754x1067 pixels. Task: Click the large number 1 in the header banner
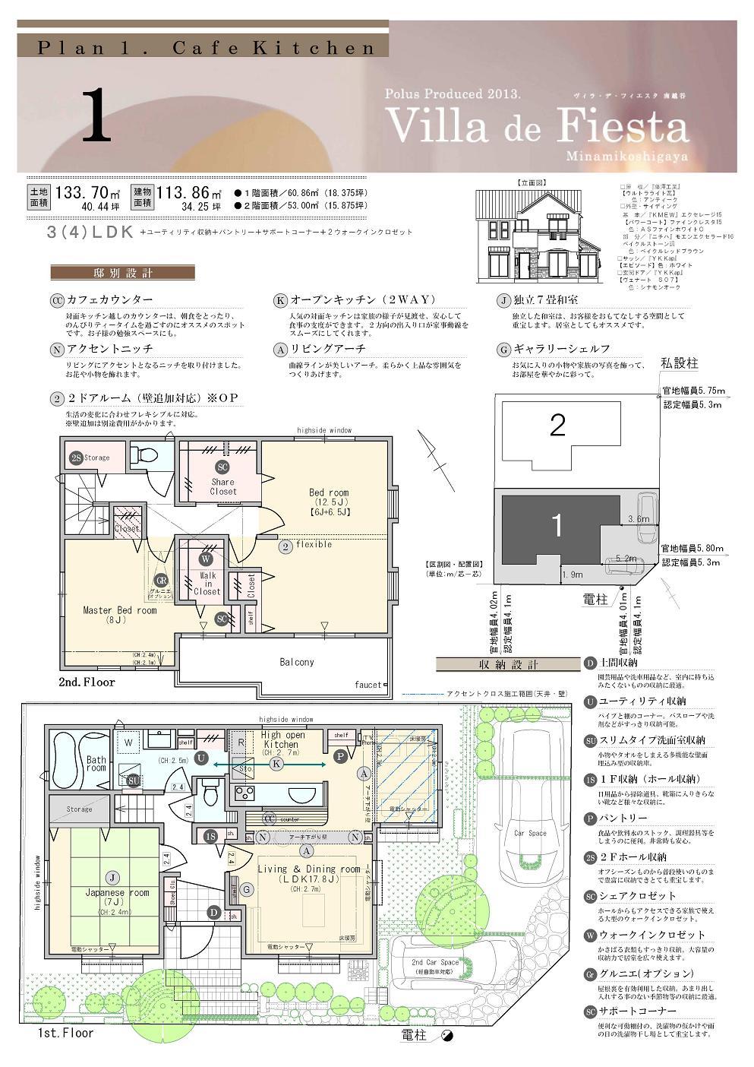96,116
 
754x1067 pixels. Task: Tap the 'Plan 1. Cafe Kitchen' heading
206,47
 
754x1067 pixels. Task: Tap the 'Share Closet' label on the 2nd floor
222,486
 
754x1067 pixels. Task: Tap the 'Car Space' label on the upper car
529,833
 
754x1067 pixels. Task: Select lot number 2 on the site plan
557,426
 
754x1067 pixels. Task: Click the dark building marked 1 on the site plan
556,526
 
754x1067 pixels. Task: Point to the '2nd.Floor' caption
87,682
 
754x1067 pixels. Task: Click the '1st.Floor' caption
65,1033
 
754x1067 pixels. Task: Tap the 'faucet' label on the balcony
368,685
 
